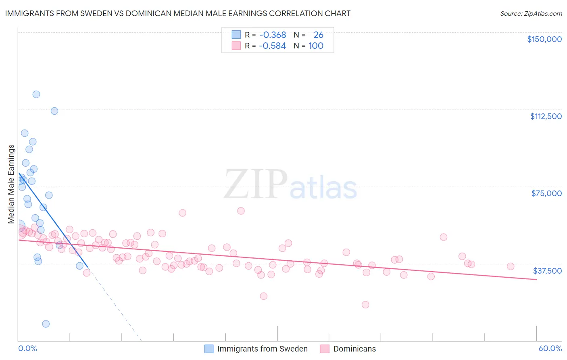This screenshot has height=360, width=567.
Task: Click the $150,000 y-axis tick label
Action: pyautogui.click(x=544, y=39)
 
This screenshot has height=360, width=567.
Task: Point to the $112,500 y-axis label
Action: pyautogui.click(x=546, y=116)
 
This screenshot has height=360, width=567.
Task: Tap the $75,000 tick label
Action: pyautogui.click(x=546, y=193)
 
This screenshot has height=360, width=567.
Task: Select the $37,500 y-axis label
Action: pyautogui.click(x=547, y=271)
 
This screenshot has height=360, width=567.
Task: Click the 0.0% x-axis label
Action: pyautogui.click(x=27, y=348)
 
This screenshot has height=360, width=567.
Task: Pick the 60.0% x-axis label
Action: pyautogui.click(x=550, y=348)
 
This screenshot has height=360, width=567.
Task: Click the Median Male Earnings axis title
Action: pyautogui.click(x=11, y=184)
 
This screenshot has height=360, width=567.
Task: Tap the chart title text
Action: pyautogui.click(x=178, y=13)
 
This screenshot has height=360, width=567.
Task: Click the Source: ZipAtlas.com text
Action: pyautogui.click(x=531, y=14)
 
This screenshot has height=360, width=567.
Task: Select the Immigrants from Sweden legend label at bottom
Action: pyautogui.click(x=262, y=349)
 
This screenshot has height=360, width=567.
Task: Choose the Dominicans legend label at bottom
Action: pyautogui.click(x=354, y=349)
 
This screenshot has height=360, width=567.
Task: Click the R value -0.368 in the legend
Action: pyautogui.click(x=273, y=35)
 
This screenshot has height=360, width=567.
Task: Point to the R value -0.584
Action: pyautogui.click(x=273, y=46)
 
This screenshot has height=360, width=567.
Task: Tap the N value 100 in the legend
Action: pyautogui.click(x=316, y=46)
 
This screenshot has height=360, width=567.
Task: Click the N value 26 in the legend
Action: pyautogui.click(x=318, y=35)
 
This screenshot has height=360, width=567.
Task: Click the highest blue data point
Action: pyautogui.click(x=36, y=94)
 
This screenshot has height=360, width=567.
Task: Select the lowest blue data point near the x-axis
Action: pyautogui.click(x=46, y=324)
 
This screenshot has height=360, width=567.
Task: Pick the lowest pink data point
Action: pyautogui.click(x=365, y=305)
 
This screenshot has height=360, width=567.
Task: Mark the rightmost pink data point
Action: pyautogui.click(x=511, y=266)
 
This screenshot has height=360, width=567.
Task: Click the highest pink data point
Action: pyautogui.click(x=241, y=211)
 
